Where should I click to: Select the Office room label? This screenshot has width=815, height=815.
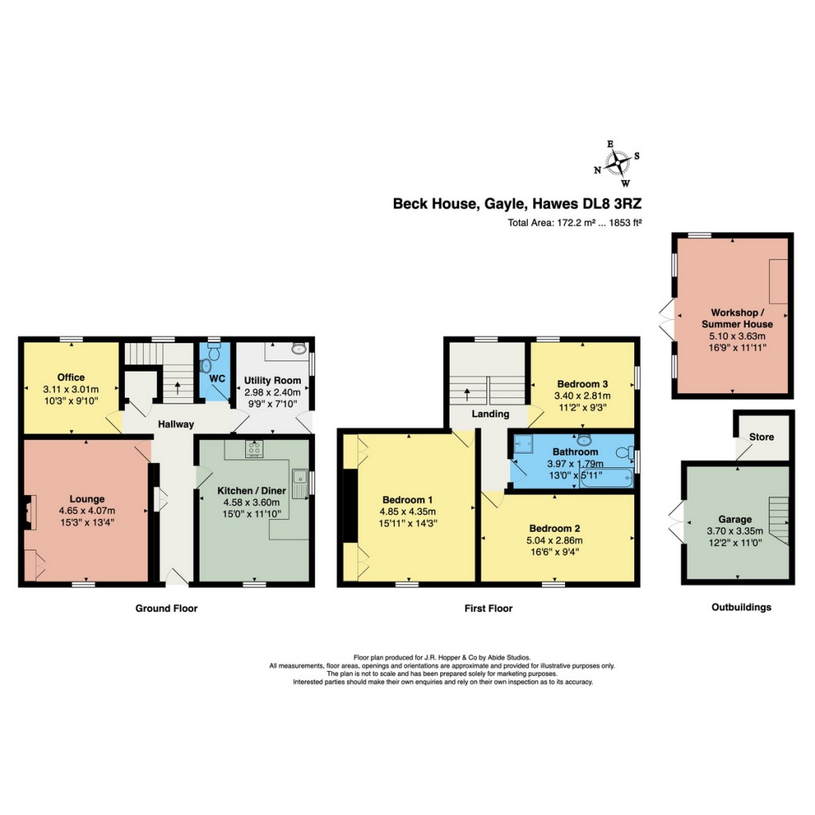click(x=71, y=376)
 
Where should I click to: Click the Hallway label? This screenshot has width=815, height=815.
click(x=174, y=424)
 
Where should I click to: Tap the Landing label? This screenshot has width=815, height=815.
click(x=490, y=414)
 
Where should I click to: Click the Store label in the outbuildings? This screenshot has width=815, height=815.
click(x=762, y=437)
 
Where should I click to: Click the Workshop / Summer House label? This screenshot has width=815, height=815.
click(x=737, y=318)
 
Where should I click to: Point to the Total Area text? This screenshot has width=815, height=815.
click(x=575, y=223)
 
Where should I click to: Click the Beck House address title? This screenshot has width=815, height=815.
click(x=517, y=203)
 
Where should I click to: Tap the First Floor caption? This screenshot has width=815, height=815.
click(x=489, y=609)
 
